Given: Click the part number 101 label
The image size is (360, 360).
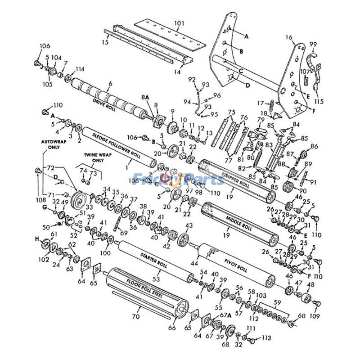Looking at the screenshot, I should click(179, 22).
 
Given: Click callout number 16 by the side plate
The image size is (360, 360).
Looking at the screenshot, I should click(288, 38).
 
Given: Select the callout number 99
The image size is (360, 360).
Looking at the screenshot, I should click(313, 44).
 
